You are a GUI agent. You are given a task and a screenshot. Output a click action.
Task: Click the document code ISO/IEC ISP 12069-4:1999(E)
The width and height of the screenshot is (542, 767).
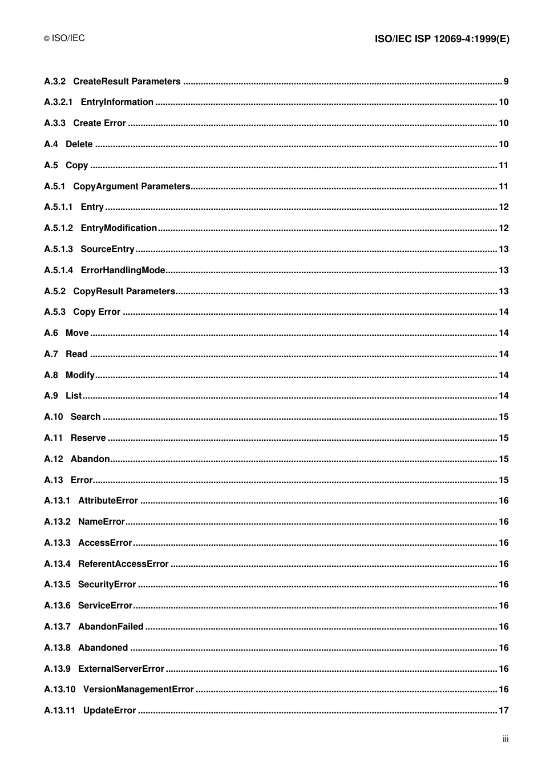point(442,39)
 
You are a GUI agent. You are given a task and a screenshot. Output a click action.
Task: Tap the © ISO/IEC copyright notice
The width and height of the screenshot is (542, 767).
point(64,38)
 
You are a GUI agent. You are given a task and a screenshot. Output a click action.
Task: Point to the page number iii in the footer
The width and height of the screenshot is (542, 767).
point(505,738)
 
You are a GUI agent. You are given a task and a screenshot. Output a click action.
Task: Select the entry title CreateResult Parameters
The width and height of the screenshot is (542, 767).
point(127,82)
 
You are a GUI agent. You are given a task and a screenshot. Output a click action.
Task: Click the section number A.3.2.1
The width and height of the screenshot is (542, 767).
point(58,102)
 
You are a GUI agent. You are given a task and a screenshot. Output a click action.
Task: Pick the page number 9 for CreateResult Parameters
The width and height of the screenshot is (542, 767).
point(506,82)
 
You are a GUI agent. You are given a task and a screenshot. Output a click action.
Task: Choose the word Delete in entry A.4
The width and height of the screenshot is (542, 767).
point(79,144)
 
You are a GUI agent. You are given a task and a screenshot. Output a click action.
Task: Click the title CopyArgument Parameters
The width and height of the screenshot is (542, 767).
point(131,186)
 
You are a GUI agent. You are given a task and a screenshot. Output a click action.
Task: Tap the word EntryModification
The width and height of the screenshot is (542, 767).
point(119,228)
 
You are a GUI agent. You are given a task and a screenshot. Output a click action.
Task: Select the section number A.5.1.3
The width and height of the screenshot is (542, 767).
point(58,249)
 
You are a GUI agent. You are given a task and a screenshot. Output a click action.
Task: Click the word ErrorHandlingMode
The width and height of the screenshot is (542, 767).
point(123,270)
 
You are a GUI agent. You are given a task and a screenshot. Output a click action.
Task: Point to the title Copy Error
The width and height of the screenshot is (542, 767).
point(96,312)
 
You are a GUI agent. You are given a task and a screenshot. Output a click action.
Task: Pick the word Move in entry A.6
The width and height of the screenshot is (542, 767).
point(77,333)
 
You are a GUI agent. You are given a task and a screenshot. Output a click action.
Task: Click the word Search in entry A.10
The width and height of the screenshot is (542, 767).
point(86,417)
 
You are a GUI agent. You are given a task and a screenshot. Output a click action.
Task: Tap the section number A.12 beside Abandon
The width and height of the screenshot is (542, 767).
point(54,459)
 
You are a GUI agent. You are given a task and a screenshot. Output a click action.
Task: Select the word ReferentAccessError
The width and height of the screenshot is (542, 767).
point(123,564)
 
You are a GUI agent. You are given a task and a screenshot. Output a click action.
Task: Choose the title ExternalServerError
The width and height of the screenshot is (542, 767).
point(121,669)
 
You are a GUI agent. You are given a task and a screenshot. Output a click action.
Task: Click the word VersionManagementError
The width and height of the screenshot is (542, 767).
point(139,689)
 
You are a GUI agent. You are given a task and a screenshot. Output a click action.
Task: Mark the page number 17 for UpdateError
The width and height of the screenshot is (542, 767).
point(503,711)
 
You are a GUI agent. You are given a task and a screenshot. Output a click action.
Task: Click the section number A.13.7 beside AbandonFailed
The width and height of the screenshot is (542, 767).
point(57,627)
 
